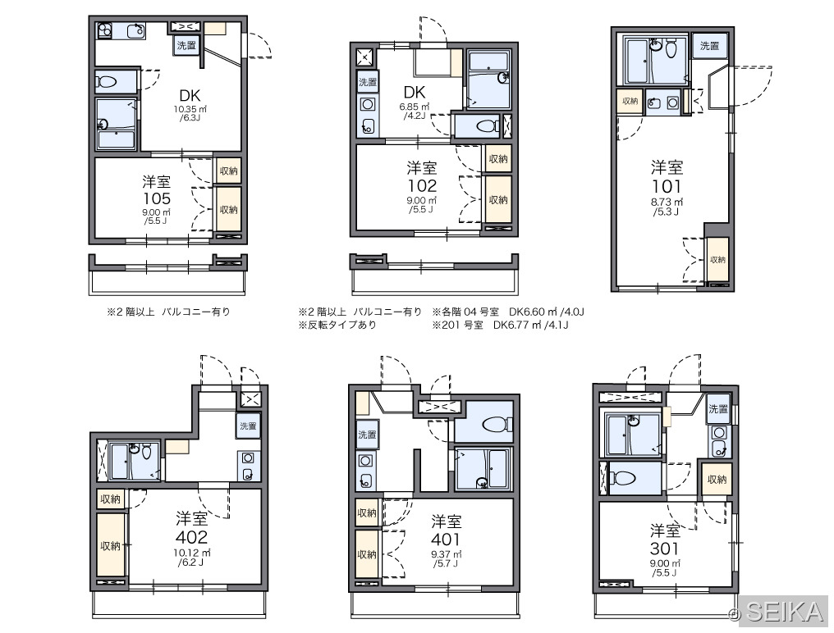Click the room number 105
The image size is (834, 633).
pos(157,198)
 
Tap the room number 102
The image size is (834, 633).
pos(422,185)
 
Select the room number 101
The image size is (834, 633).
pos(667,186)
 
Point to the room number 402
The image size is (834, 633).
pos(191,537)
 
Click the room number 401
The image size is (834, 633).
pos(446,539)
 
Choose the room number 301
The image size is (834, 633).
pos(664,548)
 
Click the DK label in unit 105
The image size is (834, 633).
pos(190,96)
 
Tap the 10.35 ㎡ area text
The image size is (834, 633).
pos(190,110)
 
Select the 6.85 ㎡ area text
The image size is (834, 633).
pos(415,107)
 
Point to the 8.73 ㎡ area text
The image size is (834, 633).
pos(667,202)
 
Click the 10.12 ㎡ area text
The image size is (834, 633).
pos(191,553)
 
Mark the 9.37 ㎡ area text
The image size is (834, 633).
pos(446,555)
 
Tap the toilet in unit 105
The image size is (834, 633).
pos(107,82)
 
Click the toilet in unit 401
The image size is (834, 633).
pos(497,425)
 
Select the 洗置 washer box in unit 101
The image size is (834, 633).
pos(709,46)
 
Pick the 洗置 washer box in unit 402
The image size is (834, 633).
pos(248,426)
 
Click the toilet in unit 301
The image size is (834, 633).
pos(621,478)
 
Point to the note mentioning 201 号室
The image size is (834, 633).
pos(500,325)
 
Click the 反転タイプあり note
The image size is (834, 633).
pos(337,325)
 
